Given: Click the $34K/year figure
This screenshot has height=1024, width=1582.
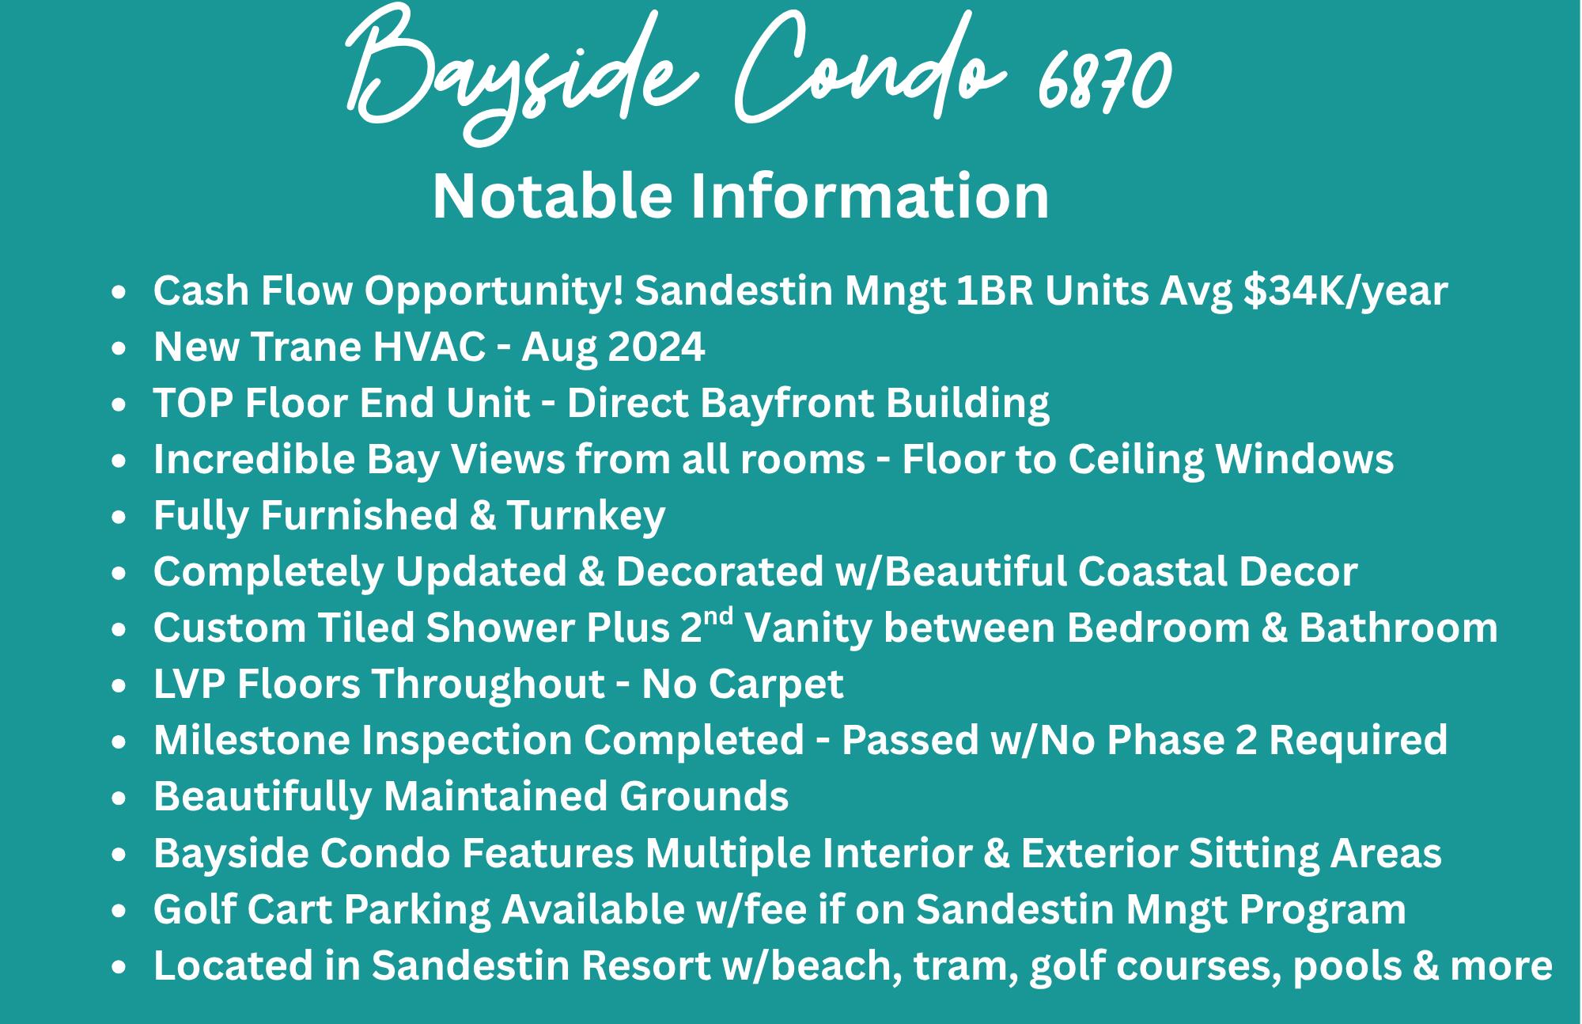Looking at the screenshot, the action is coord(1345,291).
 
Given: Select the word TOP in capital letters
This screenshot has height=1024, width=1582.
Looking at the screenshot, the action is coord(193,403).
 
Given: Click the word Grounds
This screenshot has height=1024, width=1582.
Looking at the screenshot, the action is coord(704,796).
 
